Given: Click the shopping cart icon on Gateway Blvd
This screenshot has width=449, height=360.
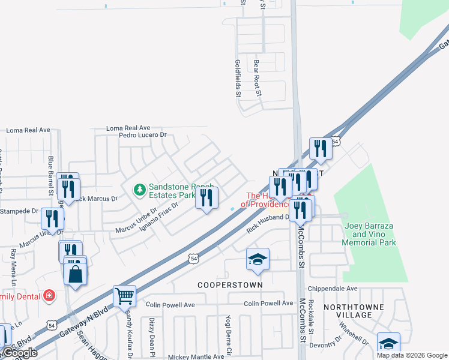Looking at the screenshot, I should (x=124, y=295).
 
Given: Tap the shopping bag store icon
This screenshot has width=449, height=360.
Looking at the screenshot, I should (x=75, y=274).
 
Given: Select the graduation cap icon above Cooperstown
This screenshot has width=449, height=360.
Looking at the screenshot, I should (x=257, y=259).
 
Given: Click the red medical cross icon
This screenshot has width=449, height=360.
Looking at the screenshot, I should (x=49, y=296).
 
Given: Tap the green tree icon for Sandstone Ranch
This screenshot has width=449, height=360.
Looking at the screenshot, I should (x=139, y=190).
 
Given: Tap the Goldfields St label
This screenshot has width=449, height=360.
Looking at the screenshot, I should (x=238, y=78).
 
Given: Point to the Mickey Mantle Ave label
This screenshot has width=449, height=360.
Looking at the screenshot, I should (x=185, y=356).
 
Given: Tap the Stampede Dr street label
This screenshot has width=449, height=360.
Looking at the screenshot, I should (x=18, y=211).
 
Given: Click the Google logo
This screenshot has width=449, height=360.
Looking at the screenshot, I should (x=19, y=353).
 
